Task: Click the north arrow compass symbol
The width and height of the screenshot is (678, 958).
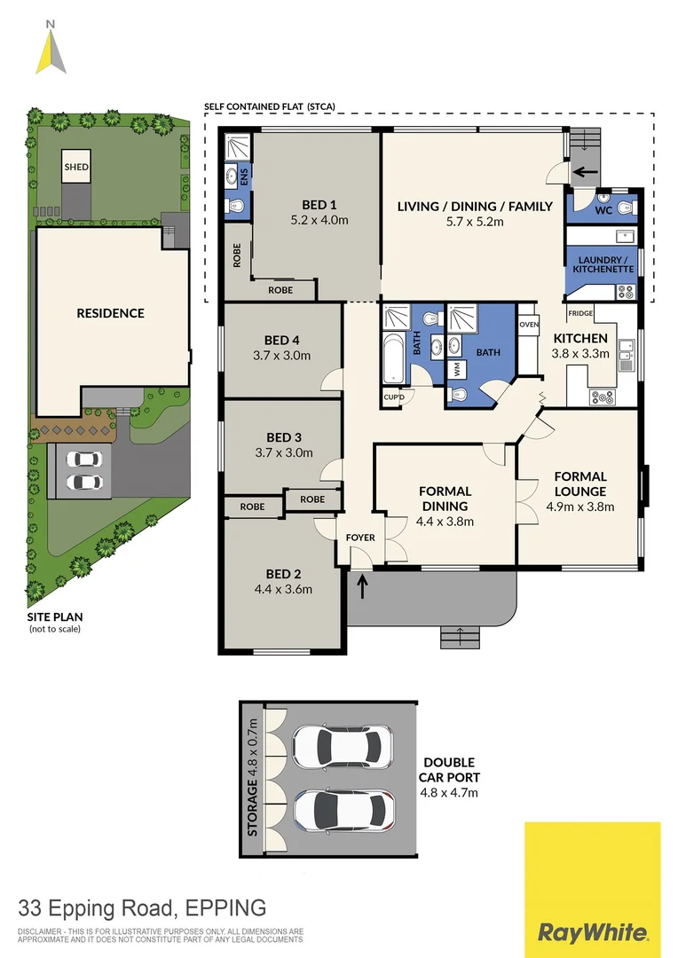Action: pos(51,48)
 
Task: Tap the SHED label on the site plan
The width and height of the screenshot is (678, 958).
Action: pos(75,166)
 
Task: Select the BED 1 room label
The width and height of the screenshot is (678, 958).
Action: pos(318,202)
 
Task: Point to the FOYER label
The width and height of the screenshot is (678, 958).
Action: pos(360,538)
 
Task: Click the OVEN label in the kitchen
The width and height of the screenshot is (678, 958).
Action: pos(529,325)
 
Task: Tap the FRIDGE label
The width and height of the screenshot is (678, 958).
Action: pos(580,313)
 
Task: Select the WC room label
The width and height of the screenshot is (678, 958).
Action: pos(603,210)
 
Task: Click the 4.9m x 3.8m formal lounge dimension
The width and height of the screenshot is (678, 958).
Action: pos(580,507)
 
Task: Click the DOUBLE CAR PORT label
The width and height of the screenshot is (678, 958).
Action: pos(448,769)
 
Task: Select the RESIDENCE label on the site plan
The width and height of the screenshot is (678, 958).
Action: pos(110,313)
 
